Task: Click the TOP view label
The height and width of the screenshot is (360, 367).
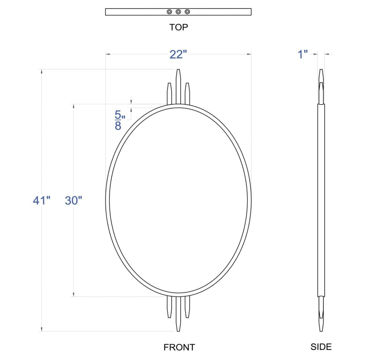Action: point(179,27)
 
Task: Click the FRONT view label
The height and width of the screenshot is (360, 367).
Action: point(179,347)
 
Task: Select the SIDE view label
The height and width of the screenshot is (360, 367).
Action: point(321,347)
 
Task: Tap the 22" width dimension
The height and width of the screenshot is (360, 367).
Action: point(178,55)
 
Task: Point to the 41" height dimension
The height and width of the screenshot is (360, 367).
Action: point(41,201)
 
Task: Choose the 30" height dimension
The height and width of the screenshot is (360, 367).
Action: point(73,201)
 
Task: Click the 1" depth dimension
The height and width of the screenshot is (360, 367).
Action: point(302,54)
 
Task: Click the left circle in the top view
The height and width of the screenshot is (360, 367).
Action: point(169,12)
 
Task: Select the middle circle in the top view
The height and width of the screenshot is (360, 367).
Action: point(178,12)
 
